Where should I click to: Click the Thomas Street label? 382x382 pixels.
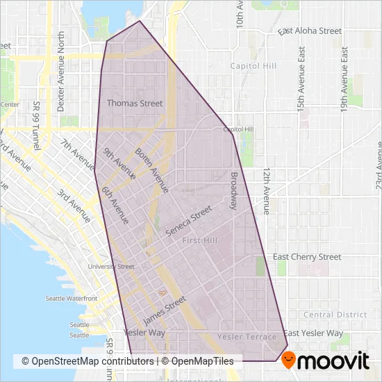point(135,103)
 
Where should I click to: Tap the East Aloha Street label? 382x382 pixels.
point(310,31)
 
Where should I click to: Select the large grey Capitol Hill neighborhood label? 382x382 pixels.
point(256,66)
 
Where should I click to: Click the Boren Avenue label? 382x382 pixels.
point(151,170)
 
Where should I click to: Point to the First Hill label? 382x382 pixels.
point(199,240)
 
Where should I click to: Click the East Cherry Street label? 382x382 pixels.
point(307,257)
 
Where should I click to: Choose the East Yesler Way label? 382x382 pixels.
point(313,333)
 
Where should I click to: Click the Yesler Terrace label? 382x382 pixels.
point(242,337)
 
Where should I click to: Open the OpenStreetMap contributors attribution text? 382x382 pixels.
point(88,361)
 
